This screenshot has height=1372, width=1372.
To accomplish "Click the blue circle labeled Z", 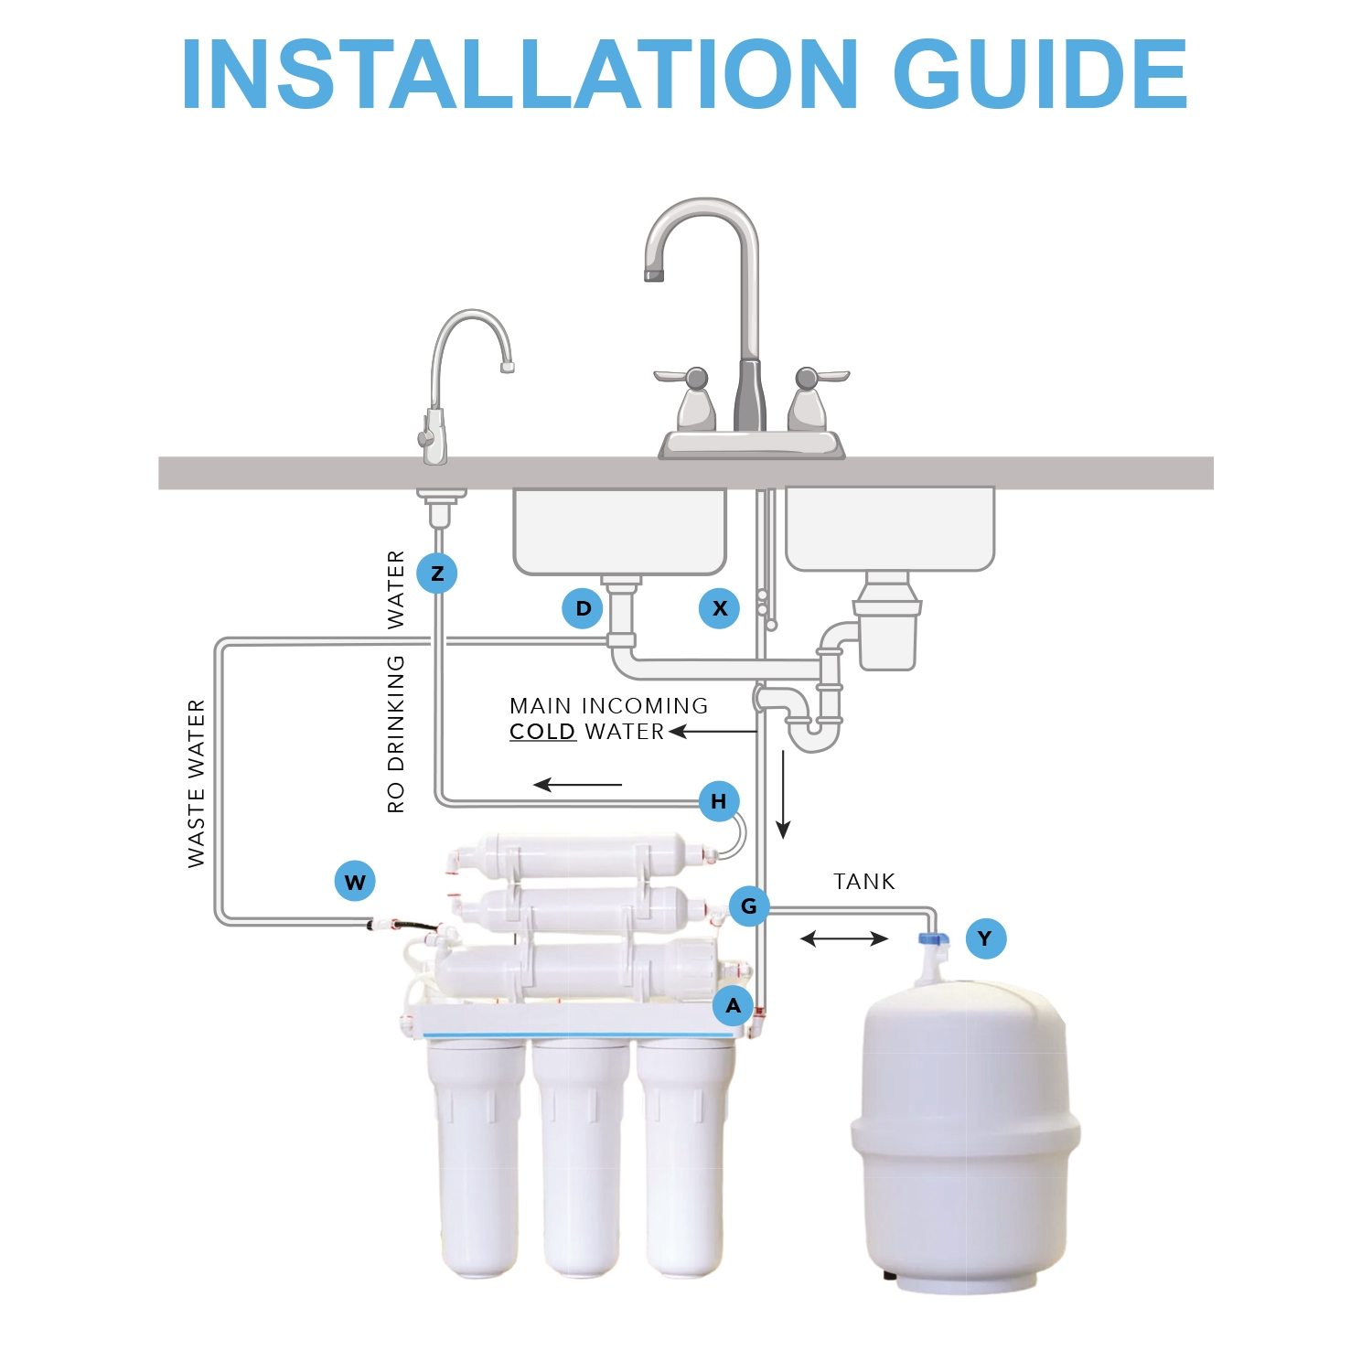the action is (x=437, y=573).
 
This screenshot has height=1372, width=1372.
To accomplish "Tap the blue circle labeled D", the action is (x=584, y=608).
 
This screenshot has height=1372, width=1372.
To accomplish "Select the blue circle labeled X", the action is (x=720, y=608).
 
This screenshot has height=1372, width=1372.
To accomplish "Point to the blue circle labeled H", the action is (x=719, y=801).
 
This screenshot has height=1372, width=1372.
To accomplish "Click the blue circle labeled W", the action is (x=355, y=882).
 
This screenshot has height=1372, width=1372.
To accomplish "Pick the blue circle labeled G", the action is (x=749, y=906).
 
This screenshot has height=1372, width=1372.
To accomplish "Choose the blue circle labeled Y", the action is (x=985, y=938).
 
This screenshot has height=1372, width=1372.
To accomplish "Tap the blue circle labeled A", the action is (x=734, y=1006).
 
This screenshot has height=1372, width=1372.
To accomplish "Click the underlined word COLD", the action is (x=542, y=732).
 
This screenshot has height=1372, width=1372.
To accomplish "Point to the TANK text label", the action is (x=864, y=882).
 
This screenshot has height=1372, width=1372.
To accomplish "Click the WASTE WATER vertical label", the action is (x=197, y=784).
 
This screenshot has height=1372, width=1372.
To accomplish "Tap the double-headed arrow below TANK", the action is (x=844, y=938).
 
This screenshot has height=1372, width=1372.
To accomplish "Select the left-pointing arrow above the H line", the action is (x=578, y=785).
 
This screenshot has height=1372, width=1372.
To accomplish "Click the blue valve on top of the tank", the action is (x=933, y=938).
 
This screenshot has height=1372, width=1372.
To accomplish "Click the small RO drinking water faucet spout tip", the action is (x=508, y=368).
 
